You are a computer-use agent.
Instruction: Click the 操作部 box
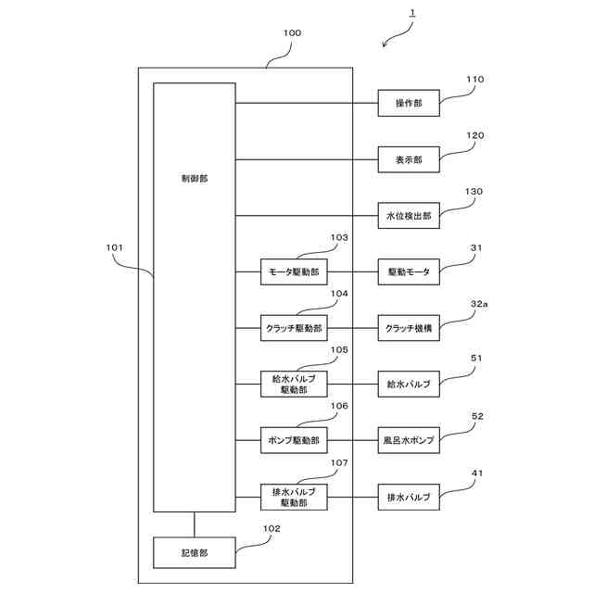coord(409,104)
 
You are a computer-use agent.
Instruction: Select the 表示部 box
coord(409,159)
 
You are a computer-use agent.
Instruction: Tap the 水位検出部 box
coord(409,216)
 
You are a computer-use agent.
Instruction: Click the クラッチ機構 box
coord(409,327)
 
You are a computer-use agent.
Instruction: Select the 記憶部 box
coord(194,552)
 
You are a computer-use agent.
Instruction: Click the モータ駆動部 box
coord(294,271)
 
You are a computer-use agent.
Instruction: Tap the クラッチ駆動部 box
coord(294,327)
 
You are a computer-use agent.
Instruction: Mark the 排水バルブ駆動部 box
coord(294,497)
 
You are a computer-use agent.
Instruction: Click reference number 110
coord(473,80)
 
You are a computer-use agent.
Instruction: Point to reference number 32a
coord(479,303)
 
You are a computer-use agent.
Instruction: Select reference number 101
coord(115,247)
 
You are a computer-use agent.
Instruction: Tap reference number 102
coord(271,529)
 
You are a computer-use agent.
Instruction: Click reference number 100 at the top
coord(292,33)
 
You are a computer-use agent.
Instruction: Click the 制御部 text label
coord(195,178)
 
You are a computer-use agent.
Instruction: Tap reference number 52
coord(477,416)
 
